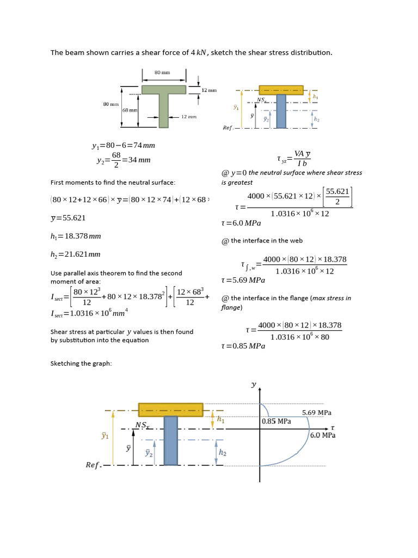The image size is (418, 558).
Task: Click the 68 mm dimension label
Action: (130, 110)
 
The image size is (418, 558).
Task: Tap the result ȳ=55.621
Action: (68, 218)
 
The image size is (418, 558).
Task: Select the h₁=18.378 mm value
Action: (76, 236)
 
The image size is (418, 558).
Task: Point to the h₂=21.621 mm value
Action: (76, 254)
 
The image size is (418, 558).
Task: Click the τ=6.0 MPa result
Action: (241, 223)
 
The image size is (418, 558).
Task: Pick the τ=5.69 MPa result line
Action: (243, 280)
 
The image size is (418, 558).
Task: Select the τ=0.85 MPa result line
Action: (243, 346)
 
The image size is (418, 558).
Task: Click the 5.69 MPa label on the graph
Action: (316, 413)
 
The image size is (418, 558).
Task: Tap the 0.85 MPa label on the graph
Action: (276, 421)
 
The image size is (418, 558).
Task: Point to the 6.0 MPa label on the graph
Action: (322, 435)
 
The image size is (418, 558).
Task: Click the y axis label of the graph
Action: (253, 384)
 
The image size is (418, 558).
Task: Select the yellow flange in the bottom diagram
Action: (170, 409)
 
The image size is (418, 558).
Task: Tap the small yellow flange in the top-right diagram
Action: (281, 90)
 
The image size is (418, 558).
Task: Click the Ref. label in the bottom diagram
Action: (93, 465)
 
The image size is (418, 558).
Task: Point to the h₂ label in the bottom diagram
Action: (223, 453)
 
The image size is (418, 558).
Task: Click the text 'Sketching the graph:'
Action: (81, 363)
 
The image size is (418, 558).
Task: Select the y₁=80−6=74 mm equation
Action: (123, 145)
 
